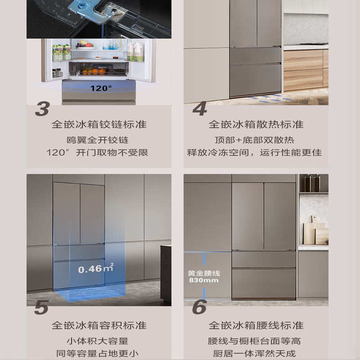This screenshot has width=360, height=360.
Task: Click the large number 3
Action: point(42,108)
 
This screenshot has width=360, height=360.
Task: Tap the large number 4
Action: point(200,108)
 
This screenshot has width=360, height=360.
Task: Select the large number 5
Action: point(41,307)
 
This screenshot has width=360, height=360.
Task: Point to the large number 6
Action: point(199,307)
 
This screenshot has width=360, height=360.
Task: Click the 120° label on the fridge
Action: point(101,88)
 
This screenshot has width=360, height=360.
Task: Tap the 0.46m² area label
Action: point(96,268)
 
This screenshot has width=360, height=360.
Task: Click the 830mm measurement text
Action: point(204,280)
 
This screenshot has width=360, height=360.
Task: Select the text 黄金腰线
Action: point(204,273)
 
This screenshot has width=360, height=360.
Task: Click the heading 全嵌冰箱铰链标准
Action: point(99,125)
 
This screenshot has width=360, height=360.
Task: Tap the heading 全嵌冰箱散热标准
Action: point(256,125)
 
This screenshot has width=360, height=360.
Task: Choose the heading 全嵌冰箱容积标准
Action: point(99,325)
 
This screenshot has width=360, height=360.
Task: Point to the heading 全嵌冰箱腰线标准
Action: point(256,325)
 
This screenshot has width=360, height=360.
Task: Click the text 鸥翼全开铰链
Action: point(98,140)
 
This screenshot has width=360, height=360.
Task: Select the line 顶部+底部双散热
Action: point(254,140)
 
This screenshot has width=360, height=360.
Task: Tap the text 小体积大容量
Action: point(98,341)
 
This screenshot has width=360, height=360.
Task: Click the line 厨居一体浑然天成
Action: point(254,353)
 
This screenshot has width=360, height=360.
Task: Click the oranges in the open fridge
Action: point(94,72)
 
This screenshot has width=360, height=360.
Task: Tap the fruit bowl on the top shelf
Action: point(85,45)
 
